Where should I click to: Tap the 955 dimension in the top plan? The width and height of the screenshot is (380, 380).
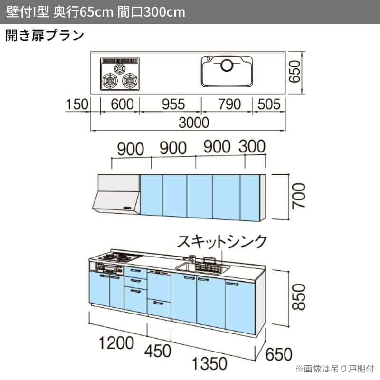coord(170,104)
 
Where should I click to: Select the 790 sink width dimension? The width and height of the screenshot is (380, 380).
coord(227,104)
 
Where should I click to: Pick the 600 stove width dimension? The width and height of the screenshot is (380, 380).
coord(120,104)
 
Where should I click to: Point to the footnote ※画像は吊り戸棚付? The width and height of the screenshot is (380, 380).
coord(335,369)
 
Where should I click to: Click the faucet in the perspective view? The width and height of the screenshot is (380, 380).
coord(192,260)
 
